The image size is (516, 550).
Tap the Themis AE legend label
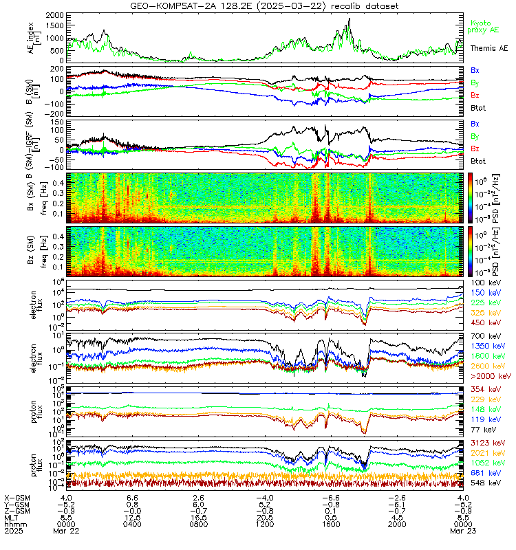(x=488, y=48)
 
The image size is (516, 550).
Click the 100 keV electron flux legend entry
(x=486, y=283)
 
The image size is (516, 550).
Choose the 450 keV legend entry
(x=486, y=322)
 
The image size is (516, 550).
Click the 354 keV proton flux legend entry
(x=486, y=390)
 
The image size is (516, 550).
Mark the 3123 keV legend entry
(x=486, y=443)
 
